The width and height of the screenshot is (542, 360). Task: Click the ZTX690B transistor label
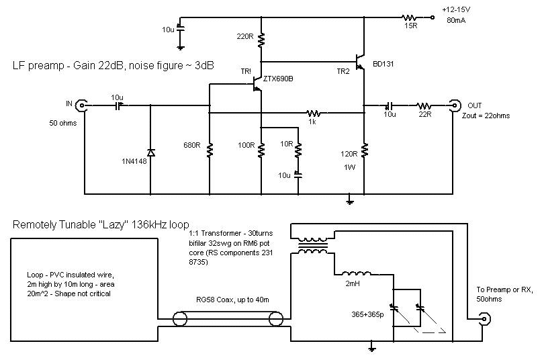(279, 78)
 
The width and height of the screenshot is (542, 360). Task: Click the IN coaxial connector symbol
(81, 105)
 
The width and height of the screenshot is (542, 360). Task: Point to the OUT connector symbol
(455, 105)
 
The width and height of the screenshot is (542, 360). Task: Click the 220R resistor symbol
(261, 38)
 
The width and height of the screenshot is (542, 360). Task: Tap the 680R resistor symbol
(210, 149)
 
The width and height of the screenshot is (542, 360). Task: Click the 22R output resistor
(424, 105)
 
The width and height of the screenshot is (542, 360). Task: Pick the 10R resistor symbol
(298, 149)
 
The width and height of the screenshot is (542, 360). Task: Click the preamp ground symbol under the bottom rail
(349, 199)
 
